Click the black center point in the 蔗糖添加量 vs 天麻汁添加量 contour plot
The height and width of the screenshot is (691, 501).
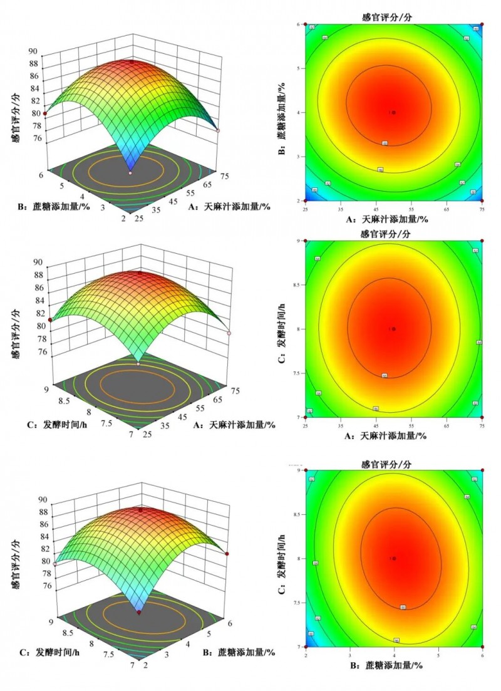pyautogui.click(x=393, y=113)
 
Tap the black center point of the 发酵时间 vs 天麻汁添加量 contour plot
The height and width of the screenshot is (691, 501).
pyautogui.click(x=393, y=329)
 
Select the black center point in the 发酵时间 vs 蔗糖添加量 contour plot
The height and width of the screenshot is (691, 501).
pyautogui.click(x=394, y=558)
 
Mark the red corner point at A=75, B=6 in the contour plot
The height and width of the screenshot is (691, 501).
pyautogui.click(x=482, y=25)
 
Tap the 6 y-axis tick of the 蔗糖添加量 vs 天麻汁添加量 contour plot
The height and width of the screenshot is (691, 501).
pyautogui.click(x=299, y=24)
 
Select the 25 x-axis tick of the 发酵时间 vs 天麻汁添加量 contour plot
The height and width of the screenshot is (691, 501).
pyautogui.click(x=306, y=424)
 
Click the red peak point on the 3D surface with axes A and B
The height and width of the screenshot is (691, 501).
pyautogui.click(x=132, y=61)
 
